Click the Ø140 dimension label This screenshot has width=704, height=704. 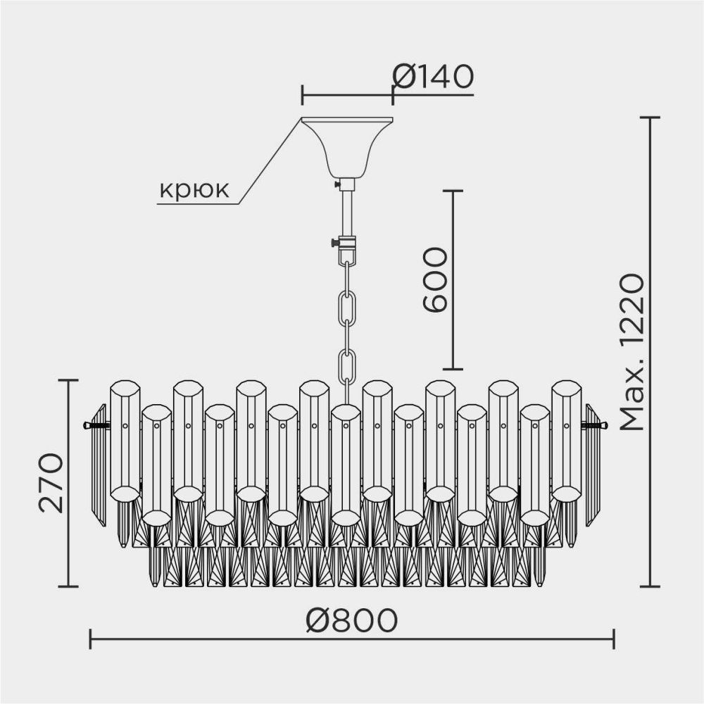pos(432,76)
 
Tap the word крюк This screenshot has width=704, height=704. pos(194,190)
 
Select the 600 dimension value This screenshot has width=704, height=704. pos(436,279)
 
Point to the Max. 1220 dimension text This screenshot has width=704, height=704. pos(631,352)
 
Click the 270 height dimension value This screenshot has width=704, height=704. pos(51,483)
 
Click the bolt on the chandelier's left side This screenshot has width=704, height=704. pos(96,425)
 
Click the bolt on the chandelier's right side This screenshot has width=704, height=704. pos(594,425)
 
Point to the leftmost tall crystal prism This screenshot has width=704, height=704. pos(125,440)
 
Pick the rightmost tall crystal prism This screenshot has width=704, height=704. pos(566,440)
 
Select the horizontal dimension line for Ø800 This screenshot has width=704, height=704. pos(211,639)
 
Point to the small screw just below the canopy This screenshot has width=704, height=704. pos(337,184)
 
